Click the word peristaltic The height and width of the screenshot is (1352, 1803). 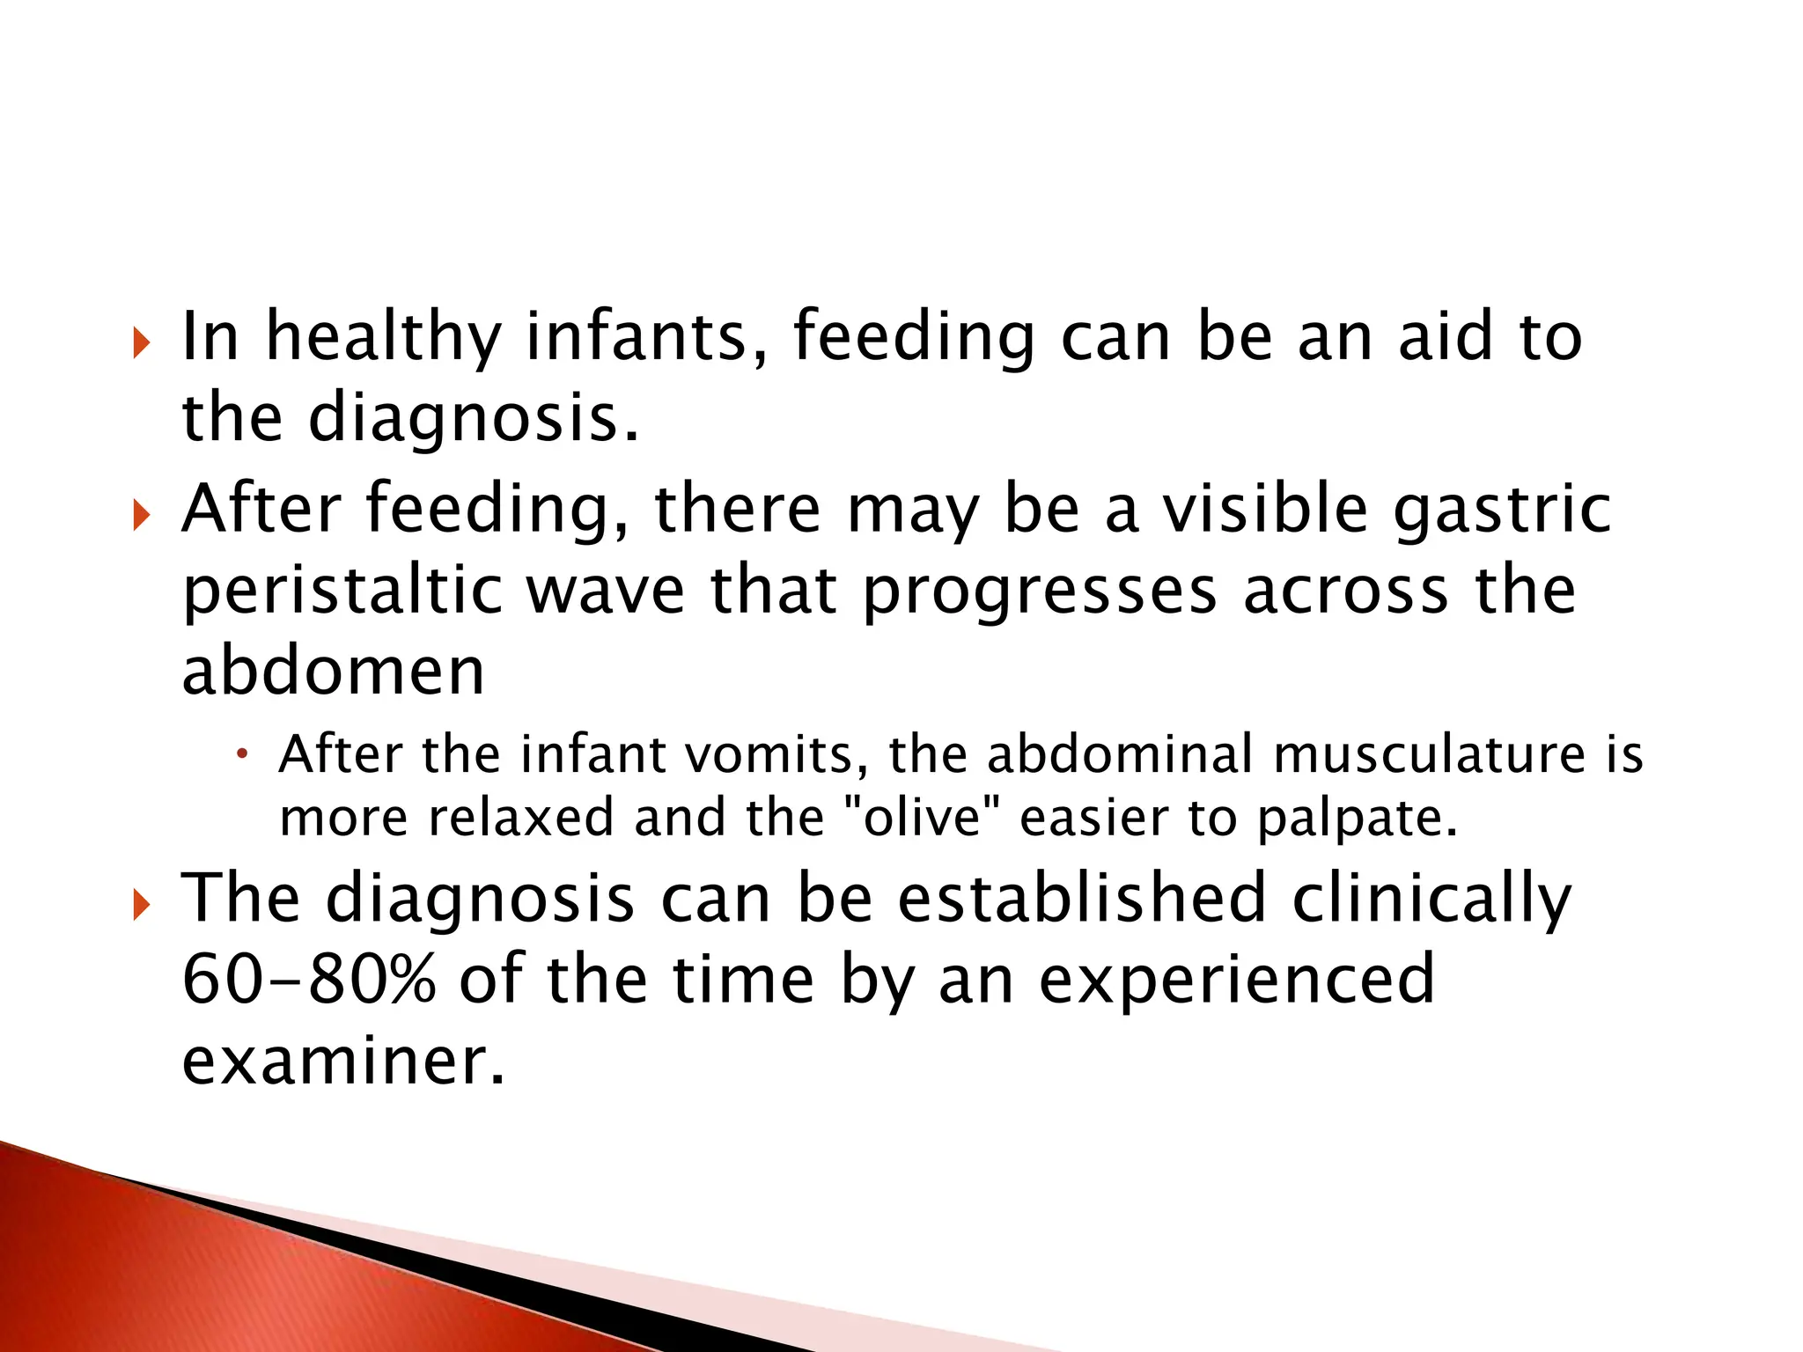(x=342, y=591)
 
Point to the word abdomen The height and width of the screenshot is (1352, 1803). (x=333, y=672)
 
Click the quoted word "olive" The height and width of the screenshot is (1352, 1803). (x=921, y=818)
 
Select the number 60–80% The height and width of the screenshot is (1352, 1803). (x=309, y=979)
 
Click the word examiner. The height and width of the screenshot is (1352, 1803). (x=343, y=1060)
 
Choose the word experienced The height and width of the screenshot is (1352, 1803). (x=1237, y=979)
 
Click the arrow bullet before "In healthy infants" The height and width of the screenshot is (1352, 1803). (x=141, y=342)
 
